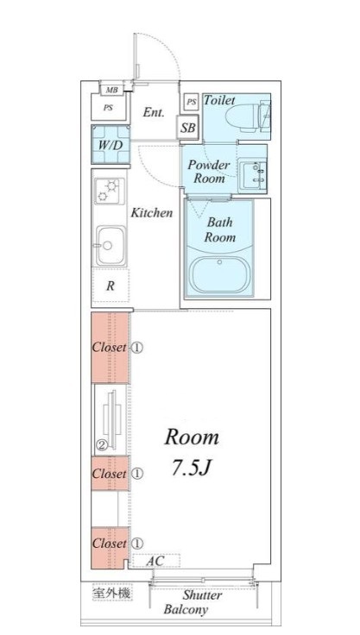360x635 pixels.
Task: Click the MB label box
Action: (x=112, y=90)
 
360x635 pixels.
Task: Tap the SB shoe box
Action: (x=187, y=128)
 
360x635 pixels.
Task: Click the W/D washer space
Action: (x=111, y=144)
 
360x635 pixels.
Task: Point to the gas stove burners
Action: (x=110, y=191)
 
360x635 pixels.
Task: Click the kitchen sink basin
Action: (x=111, y=245)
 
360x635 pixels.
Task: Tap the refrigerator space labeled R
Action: (x=111, y=286)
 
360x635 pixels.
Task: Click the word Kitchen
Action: (x=152, y=213)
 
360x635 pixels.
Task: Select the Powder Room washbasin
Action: (x=252, y=174)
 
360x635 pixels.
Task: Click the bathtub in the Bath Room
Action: (x=219, y=273)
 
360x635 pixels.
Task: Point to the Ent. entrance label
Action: (x=154, y=112)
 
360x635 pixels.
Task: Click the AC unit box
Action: (x=156, y=561)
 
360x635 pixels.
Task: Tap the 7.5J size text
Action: (x=192, y=468)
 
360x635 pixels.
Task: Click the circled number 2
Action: (x=101, y=445)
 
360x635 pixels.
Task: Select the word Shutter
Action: (x=202, y=595)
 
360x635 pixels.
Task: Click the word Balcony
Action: (x=186, y=609)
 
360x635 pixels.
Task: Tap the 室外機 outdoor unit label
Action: (x=111, y=594)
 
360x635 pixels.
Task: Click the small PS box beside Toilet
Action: (x=192, y=102)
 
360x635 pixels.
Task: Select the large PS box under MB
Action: (x=108, y=107)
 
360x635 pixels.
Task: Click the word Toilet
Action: (x=219, y=99)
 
